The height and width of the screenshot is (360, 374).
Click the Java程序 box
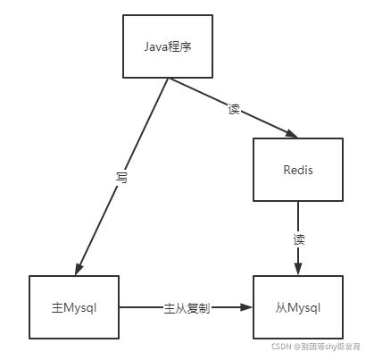(x=167, y=46)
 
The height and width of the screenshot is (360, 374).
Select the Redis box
(x=297, y=170)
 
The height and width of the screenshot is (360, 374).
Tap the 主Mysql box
(x=74, y=306)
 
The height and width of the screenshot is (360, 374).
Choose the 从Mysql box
(x=297, y=306)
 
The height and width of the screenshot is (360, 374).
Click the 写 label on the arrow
(x=122, y=178)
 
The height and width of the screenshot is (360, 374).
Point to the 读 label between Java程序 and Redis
(x=234, y=109)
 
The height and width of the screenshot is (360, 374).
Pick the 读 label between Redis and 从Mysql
(x=299, y=239)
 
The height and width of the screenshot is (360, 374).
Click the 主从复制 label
(x=187, y=307)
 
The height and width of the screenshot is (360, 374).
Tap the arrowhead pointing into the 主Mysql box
(x=80, y=269)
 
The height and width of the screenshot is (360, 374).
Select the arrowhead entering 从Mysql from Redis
(x=298, y=269)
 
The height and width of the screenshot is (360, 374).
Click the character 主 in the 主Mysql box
(x=56, y=307)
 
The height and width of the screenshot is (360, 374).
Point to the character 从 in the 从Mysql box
(x=279, y=307)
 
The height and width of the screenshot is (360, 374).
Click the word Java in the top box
(x=155, y=46)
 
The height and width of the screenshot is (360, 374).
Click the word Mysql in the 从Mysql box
(x=303, y=307)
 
